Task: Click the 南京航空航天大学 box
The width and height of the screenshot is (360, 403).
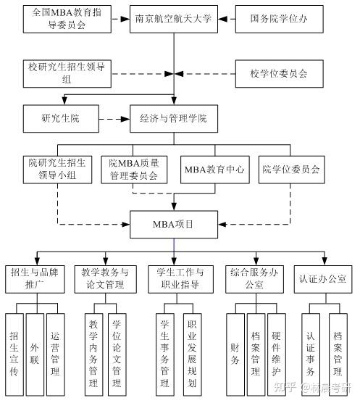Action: (173, 20)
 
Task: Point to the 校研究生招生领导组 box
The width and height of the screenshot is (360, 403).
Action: (67, 72)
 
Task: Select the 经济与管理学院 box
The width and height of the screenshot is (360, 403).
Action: (173, 119)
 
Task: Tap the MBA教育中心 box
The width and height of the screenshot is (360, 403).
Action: (214, 170)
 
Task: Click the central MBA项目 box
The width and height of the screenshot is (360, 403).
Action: (173, 223)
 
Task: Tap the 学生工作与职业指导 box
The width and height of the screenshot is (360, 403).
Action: (180, 278)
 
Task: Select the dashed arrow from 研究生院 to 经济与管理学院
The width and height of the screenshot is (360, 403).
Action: (112, 119)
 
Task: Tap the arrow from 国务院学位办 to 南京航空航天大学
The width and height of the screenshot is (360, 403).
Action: (225, 20)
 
